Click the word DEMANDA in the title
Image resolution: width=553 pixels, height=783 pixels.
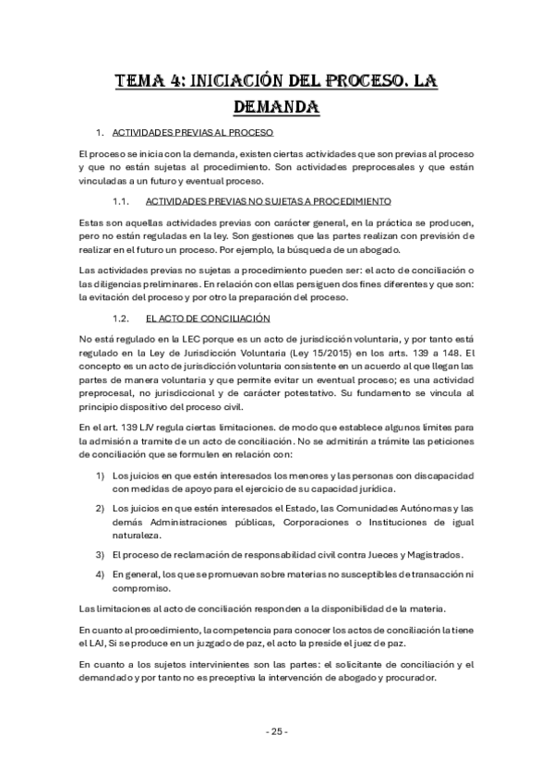[x=276, y=106]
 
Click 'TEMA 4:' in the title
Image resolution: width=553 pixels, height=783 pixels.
[x=144, y=80]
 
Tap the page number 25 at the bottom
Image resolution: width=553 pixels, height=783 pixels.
[x=276, y=731]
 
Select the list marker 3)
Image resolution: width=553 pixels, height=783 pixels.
[x=99, y=554]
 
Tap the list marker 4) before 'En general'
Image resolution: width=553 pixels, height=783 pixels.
[x=99, y=574]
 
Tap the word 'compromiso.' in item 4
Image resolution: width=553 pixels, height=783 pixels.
[x=141, y=587]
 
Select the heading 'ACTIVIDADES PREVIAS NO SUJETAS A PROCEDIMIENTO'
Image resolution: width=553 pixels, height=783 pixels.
[x=269, y=200]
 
